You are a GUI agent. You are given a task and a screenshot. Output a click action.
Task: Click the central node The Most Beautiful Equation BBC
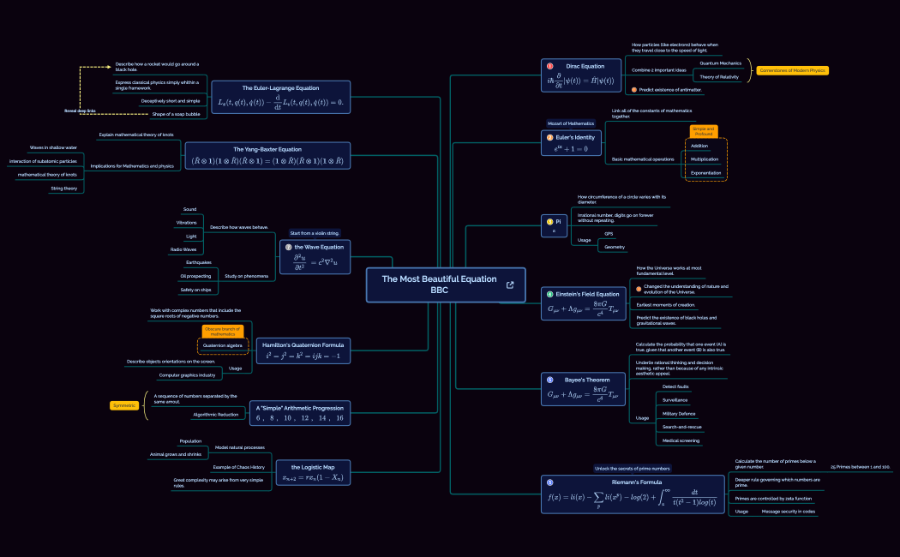[439, 284]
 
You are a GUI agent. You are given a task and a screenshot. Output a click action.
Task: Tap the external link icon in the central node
[511, 284]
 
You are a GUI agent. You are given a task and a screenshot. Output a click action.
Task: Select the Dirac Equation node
[580, 75]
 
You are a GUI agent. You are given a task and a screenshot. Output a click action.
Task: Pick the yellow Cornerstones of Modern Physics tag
[792, 70]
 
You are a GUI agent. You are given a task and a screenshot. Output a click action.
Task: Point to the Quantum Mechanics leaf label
[720, 63]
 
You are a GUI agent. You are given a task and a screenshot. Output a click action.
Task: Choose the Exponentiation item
[705, 172]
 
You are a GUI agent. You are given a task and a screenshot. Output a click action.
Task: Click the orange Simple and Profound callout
[704, 131]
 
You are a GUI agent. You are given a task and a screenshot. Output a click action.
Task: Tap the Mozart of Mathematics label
[571, 123]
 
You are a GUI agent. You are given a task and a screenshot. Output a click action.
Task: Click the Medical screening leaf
[681, 440]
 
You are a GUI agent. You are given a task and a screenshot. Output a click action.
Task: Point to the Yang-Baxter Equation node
[267, 155]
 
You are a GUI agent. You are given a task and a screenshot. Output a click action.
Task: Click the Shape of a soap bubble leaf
[176, 114]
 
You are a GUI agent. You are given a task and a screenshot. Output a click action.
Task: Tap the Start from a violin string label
[315, 233]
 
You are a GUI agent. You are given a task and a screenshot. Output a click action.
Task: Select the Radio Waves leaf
[183, 249]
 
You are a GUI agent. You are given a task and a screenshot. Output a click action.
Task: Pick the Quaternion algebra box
[222, 345]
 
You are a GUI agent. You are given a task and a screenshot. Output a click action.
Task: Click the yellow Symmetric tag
[124, 405]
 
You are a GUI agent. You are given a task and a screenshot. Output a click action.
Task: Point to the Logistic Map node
[312, 472]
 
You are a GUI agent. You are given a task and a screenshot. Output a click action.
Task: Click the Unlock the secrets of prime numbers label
[633, 469]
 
